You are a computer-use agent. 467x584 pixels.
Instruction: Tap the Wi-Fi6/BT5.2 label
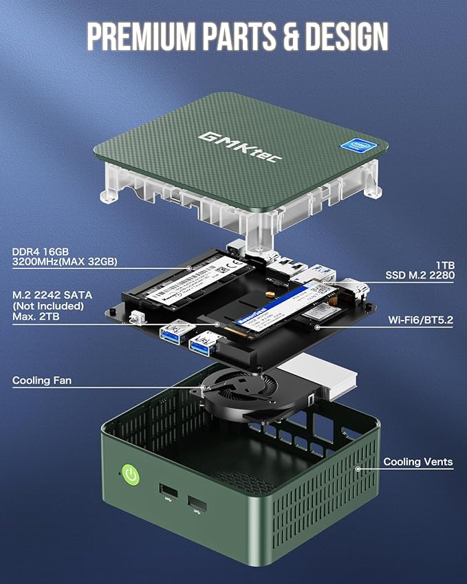tap(420, 320)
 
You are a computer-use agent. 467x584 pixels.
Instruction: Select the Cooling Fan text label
tap(42, 380)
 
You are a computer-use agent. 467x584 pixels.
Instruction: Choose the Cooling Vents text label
tap(418, 462)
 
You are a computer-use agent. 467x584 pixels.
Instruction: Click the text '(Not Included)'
tap(47, 305)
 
